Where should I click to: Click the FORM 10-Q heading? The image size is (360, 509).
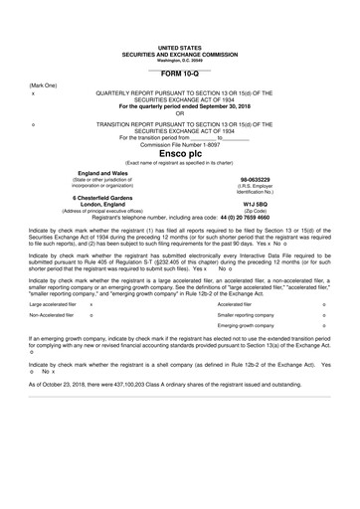pyautogui.click(x=179, y=74)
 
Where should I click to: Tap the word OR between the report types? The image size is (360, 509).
pyautogui.click(x=179, y=112)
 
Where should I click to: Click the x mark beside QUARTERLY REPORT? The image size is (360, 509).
pyautogui.click(x=34, y=93)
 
